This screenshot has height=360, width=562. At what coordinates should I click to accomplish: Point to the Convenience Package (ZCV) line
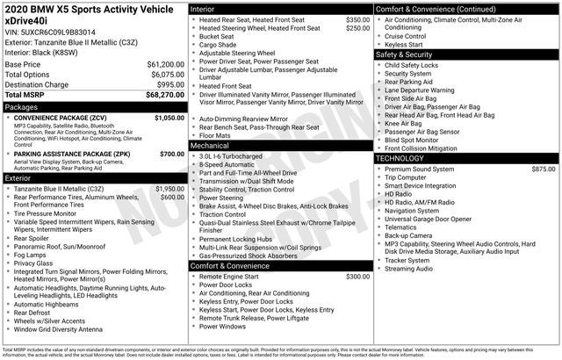[61, 118]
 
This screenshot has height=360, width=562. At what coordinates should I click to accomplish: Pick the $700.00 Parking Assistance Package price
[172, 154]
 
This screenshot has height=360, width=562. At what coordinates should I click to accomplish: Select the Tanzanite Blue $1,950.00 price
[169, 189]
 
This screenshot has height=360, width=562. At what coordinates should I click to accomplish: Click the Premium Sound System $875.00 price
[544, 169]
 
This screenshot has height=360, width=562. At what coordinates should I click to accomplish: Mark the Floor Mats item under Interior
[216, 136]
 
